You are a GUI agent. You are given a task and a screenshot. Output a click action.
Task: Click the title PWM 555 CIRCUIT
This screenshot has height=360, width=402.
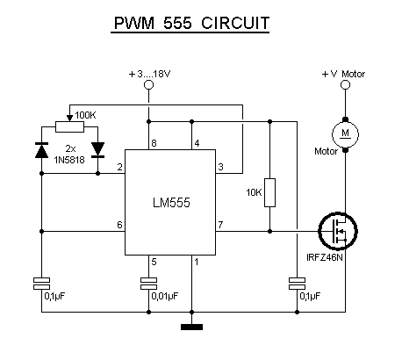coord(191,23)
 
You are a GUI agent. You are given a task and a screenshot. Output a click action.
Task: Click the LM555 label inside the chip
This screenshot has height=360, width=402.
coord(171,203)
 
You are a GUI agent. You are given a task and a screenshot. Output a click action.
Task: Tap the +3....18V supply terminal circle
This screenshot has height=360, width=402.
coord(148,85)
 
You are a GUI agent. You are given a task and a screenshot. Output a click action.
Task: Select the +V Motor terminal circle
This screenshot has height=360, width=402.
coord(346,85)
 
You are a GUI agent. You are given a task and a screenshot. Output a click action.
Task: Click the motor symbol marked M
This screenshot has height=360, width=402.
coord(345,134)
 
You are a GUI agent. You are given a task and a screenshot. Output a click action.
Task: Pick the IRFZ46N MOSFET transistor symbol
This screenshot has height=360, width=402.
coord(338,231)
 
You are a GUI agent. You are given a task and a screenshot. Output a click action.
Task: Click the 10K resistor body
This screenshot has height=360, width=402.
coord(269,192)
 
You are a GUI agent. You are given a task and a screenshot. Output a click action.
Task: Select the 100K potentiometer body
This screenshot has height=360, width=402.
coord(69,127)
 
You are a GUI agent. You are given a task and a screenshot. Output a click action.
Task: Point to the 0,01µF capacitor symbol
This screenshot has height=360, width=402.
coord(148,284)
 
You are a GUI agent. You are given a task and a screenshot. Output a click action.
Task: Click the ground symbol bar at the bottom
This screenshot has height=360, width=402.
coord(191,327)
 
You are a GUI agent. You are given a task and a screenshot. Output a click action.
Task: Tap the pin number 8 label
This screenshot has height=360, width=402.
coord(154,143)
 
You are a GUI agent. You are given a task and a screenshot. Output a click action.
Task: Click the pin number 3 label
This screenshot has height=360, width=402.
coord(221,167)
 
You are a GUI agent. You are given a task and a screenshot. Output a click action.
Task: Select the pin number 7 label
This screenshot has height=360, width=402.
coord(220,225)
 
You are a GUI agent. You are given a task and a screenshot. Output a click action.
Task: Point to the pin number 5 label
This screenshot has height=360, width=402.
coord(154,262)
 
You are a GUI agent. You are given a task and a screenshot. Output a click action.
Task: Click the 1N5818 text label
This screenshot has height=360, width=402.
coord(69,160)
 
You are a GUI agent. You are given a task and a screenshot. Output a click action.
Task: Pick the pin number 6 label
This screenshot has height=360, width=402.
coord(119,225)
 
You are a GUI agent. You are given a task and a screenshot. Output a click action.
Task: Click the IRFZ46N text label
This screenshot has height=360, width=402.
coord(324,257)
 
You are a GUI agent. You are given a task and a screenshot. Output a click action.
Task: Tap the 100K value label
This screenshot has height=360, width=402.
coord(85,115)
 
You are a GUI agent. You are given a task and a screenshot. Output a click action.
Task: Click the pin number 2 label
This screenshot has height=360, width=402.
coord(119,167)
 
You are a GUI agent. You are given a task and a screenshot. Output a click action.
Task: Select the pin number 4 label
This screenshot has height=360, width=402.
coord(197,143)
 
